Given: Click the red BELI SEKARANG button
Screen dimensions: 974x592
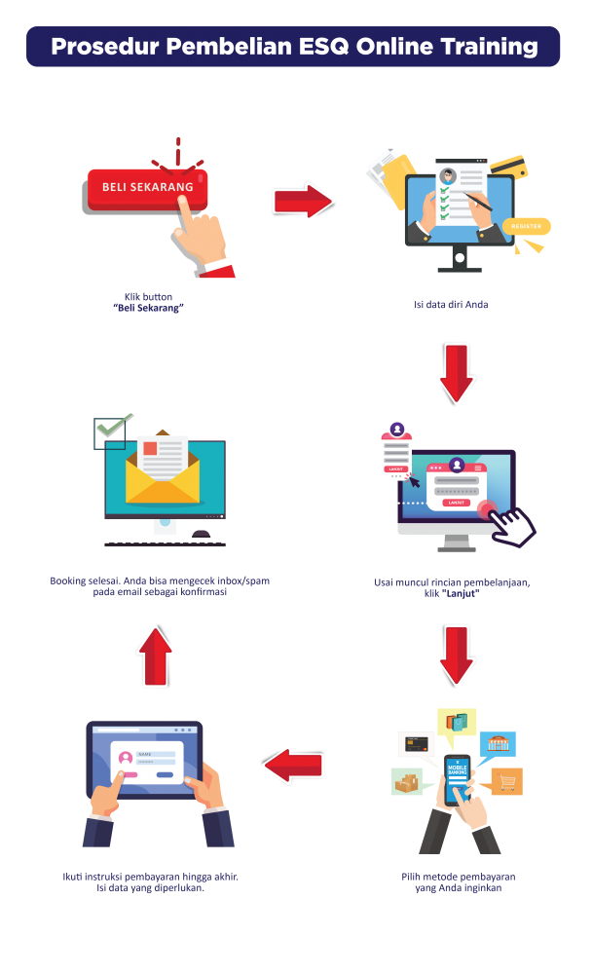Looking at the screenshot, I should click(147, 187).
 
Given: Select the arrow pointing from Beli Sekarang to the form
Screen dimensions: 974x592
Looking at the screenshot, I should click(303, 201).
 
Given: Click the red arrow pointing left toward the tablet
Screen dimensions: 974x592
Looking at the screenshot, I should click(293, 765).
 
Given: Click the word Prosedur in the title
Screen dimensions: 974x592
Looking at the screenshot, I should click(99, 47).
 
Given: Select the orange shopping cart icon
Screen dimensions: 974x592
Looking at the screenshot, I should click(505, 781).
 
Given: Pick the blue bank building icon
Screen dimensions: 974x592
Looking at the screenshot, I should click(498, 743).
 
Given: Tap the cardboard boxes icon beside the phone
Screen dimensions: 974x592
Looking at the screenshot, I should click(406, 781).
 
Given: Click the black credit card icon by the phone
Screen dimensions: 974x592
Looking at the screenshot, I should click(415, 744).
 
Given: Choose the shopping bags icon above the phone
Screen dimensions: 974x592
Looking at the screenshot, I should click(457, 722).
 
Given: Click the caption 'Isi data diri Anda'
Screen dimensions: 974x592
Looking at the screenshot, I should click(451, 305).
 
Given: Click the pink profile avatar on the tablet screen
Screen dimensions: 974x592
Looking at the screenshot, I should click(125, 757).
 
